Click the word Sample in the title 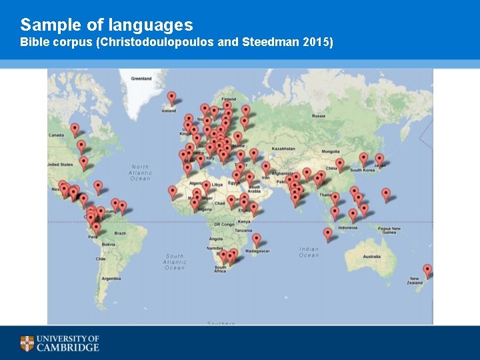(46, 25)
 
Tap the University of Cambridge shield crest (27, 343)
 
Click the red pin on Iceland (171, 98)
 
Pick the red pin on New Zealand (427, 271)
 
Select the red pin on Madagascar (257, 239)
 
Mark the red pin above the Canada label (75, 129)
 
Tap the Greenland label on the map (141, 79)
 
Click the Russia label (319, 116)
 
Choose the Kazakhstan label (283, 149)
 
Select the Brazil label (121, 233)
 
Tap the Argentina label (111, 278)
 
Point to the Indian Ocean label (309, 252)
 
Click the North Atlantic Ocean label (140, 173)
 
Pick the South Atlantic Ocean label (175, 261)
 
